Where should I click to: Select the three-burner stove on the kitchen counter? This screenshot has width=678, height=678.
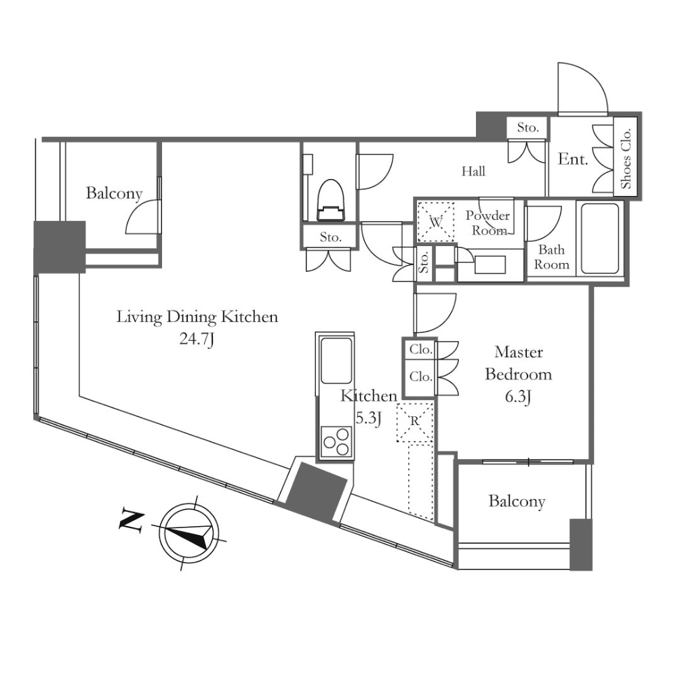(x=337, y=442)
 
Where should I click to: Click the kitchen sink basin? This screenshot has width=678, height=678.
(x=336, y=360)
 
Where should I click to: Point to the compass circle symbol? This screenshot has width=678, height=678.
(x=188, y=533)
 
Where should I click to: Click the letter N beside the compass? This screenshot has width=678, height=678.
(x=132, y=522)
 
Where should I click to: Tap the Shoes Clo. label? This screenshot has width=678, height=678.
(x=626, y=158)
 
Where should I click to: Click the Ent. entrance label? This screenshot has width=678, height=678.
(x=573, y=159)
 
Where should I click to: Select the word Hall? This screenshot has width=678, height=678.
(x=473, y=172)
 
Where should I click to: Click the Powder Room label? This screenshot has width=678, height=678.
(x=488, y=222)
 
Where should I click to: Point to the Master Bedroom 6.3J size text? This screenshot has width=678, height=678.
(x=518, y=397)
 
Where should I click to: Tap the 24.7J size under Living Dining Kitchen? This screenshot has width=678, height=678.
(x=197, y=339)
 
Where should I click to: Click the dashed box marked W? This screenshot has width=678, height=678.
(x=435, y=222)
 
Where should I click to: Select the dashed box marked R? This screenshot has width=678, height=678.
(x=415, y=422)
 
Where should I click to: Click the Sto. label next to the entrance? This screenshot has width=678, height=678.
(x=527, y=127)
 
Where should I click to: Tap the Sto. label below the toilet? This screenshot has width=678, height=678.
(x=331, y=237)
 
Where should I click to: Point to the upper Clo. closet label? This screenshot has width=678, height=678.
(x=421, y=349)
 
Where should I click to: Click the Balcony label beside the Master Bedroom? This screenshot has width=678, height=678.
(x=517, y=501)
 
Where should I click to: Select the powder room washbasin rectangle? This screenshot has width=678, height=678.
(x=490, y=264)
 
